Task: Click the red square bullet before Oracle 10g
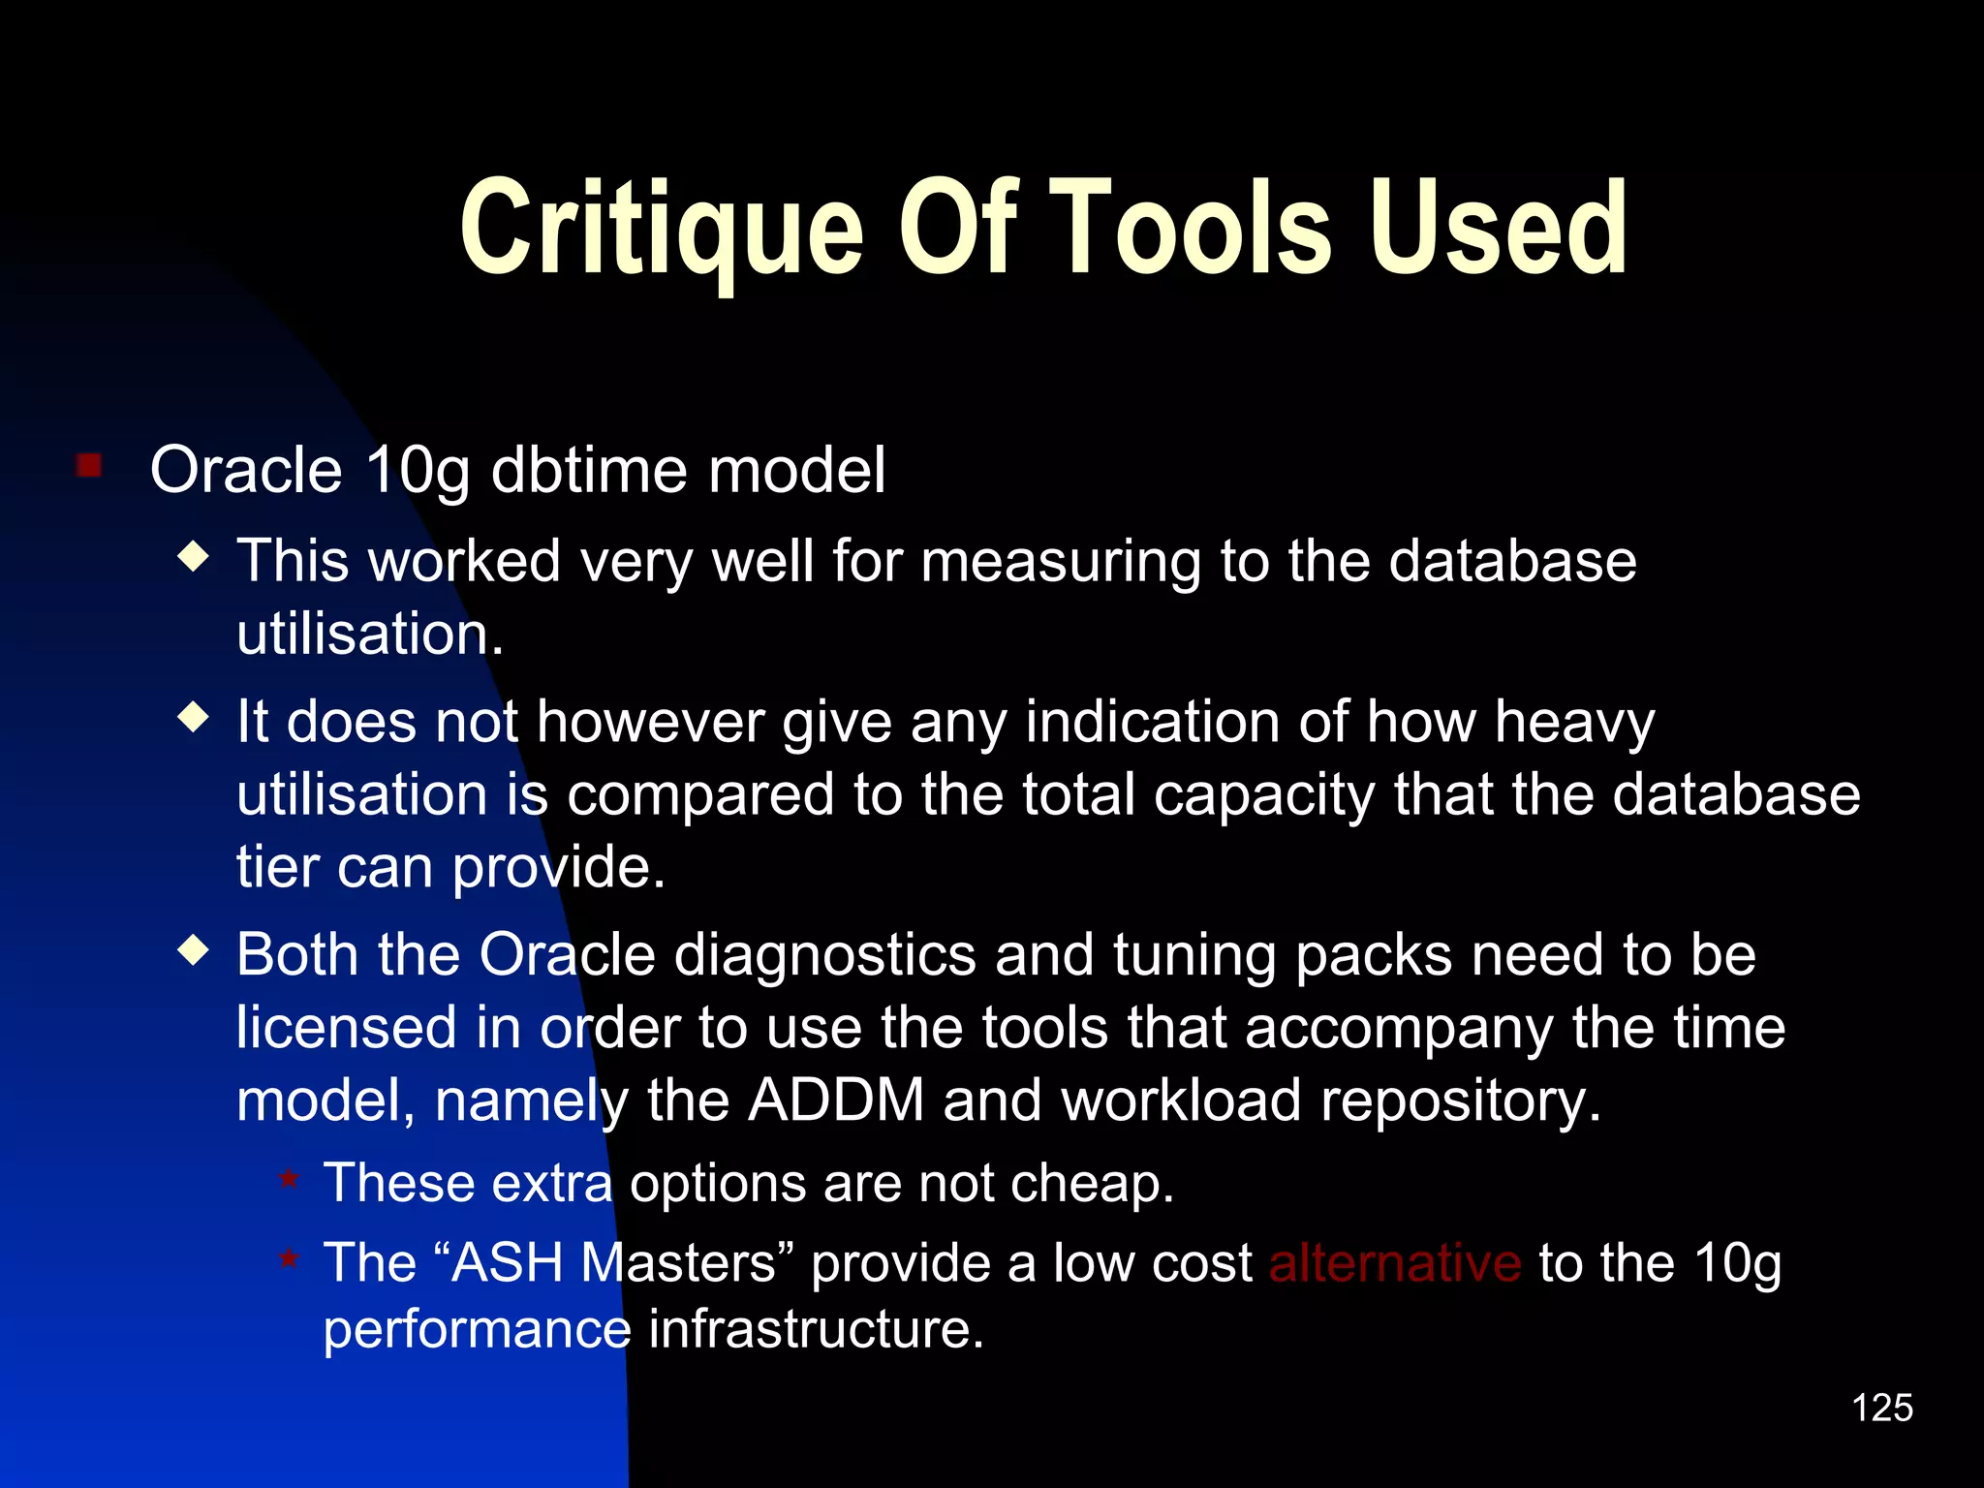pyautogui.click(x=89, y=466)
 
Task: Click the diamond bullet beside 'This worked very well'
pyautogui.click(x=195, y=556)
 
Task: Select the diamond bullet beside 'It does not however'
pyautogui.click(x=195, y=718)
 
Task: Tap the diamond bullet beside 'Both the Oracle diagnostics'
pyautogui.click(x=195, y=950)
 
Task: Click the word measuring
pyautogui.click(x=1061, y=562)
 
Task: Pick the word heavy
pyautogui.click(x=1574, y=723)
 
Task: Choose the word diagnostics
pyautogui.click(x=824, y=955)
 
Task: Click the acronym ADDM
pyautogui.click(x=836, y=1100)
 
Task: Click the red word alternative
pyautogui.click(x=1395, y=1263)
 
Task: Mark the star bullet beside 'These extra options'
pyautogui.click(x=289, y=1179)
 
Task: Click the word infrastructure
pyautogui.click(x=816, y=1328)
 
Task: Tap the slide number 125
pyautogui.click(x=1881, y=1408)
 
